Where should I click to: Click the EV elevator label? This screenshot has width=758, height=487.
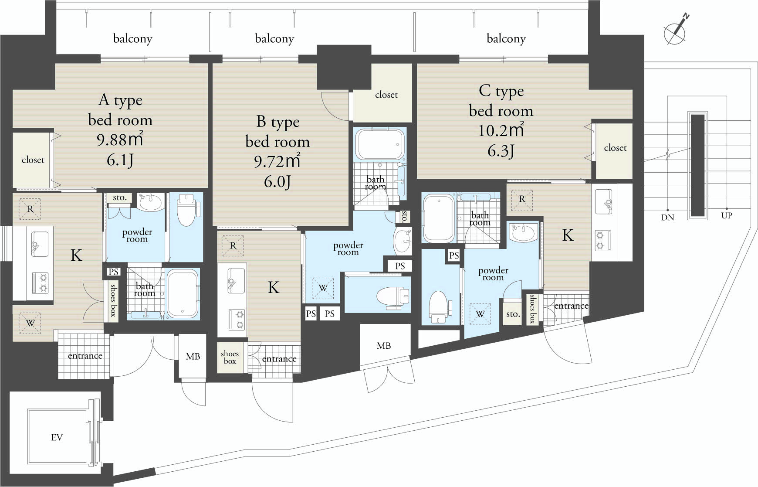pyautogui.click(x=57, y=437)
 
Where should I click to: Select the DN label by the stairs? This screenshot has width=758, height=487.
pyautogui.click(x=667, y=217)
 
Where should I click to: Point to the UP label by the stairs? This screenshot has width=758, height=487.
pyautogui.click(x=727, y=215)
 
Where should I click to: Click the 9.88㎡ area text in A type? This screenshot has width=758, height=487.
pyautogui.click(x=120, y=139)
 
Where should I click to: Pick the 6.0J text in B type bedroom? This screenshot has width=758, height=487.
pyautogui.click(x=277, y=181)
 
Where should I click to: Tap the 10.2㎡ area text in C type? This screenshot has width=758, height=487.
pyautogui.click(x=501, y=130)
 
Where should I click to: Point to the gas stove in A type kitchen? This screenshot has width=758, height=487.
pyautogui.click(x=40, y=283)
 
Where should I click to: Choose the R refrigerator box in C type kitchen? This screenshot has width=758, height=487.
pyautogui.click(x=522, y=199)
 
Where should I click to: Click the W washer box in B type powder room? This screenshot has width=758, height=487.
pyautogui.click(x=323, y=288)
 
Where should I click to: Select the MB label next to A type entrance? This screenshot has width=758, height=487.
pyautogui.click(x=193, y=357)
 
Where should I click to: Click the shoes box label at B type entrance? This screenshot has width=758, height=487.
pyautogui.click(x=230, y=357)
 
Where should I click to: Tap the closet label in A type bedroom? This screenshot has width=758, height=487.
pyautogui.click(x=33, y=160)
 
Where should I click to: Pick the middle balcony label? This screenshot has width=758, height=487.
pyautogui.click(x=274, y=39)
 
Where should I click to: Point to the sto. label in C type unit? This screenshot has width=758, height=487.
pyautogui.click(x=513, y=314)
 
